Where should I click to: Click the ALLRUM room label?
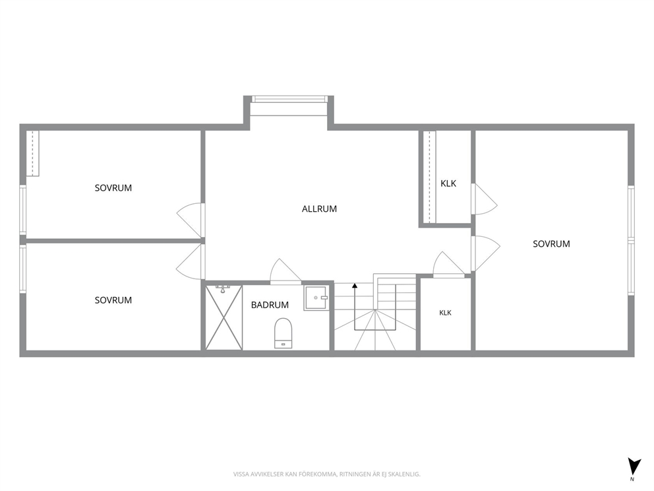pos(319,209)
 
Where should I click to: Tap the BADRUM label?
pos(270,305)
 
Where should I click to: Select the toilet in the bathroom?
pos(283,333)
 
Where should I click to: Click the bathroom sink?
pos(316,298)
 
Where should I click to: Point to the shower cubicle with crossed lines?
pos(224,317)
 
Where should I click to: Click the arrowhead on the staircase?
pos(355,286)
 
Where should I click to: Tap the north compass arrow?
pos(634,466)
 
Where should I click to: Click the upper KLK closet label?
pos(448,183)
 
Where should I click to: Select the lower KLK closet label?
pos(445,313)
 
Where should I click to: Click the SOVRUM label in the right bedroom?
pos(551,244)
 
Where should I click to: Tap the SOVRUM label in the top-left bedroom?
pos(113,188)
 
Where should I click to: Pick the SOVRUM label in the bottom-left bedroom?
pos(113,300)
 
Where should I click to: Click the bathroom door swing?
pos(285,271)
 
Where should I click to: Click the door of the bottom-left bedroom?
pos(191,262)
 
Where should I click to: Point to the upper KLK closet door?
pos(485,199)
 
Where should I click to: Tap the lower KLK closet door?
pos(449,264)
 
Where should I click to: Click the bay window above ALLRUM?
pos(289,99)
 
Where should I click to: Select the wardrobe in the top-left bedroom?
pos(32,153)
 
